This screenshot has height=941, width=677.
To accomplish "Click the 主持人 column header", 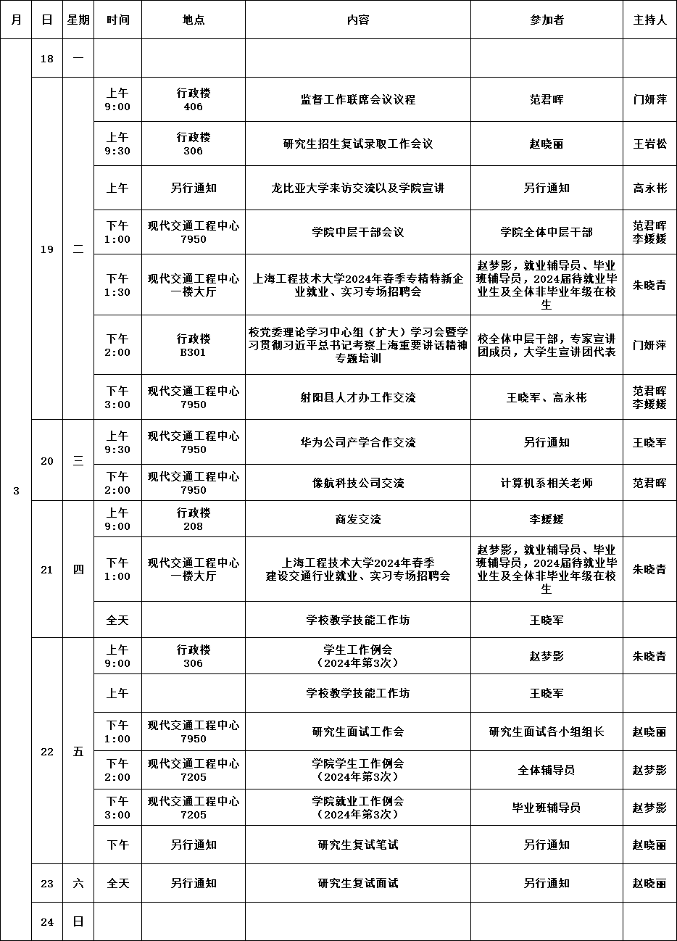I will (x=649, y=20).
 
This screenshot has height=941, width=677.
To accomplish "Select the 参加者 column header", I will (x=547, y=20).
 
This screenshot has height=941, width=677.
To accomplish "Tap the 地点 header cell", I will (x=194, y=20).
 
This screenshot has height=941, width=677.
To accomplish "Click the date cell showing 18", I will (x=47, y=59).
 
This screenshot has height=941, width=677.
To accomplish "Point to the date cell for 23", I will (x=47, y=883).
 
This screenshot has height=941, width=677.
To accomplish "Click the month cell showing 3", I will (x=16, y=491).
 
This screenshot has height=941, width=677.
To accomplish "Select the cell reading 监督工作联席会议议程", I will (x=358, y=100).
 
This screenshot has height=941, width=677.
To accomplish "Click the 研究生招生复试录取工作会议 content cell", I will (x=358, y=144).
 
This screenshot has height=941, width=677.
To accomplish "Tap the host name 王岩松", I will (x=649, y=144).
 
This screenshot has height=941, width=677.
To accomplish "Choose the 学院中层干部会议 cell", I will (x=358, y=233).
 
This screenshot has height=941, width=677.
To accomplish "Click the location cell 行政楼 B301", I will (x=194, y=345).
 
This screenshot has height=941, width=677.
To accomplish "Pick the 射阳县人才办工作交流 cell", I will (x=358, y=397).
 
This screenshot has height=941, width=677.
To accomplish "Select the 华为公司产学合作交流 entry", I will (x=358, y=442).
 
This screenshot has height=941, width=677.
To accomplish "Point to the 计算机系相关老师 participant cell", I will (x=547, y=483).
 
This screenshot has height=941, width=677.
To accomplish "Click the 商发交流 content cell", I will (x=358, y=519).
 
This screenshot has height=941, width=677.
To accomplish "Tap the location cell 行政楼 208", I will (x=194, y=519).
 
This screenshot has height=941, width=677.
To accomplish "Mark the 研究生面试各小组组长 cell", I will (x=547, y=731).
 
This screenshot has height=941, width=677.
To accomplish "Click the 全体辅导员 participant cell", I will (x=547, y=770).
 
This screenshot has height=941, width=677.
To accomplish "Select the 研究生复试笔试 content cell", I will (x=358, y=845).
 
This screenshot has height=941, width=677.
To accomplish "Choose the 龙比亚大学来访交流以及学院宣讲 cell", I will (x=358, y=188).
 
